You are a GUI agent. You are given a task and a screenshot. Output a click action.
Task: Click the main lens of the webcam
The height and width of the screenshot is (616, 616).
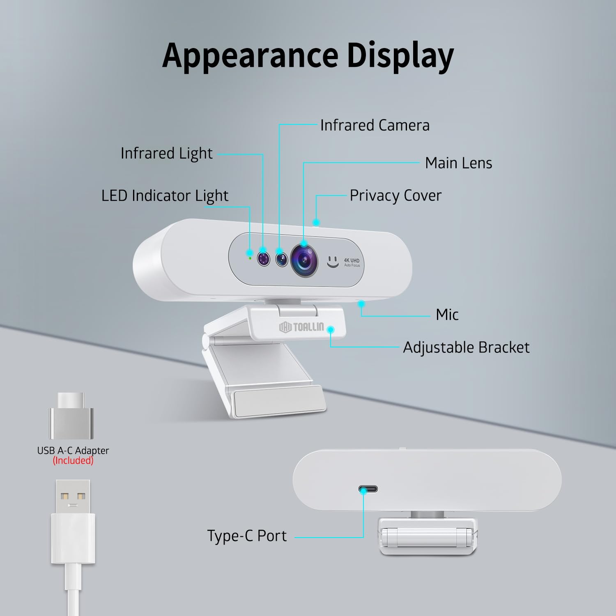304,260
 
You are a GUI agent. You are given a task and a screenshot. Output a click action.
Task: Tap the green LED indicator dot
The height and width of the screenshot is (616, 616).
250,258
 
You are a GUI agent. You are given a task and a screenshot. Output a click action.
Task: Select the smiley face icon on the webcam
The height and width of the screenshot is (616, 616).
333,262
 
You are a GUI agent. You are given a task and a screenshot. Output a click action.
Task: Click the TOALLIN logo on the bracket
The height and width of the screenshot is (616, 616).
301,327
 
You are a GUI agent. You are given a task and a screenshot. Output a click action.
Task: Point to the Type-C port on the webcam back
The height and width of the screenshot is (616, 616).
368,489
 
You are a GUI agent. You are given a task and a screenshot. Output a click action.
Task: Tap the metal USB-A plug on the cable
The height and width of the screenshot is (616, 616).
73,496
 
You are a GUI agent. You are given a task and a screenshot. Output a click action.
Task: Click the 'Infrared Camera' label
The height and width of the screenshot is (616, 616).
375,125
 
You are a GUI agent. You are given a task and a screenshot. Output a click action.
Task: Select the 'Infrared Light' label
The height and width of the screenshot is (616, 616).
167,154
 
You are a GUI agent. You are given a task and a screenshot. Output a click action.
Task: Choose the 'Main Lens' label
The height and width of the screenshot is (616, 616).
459,163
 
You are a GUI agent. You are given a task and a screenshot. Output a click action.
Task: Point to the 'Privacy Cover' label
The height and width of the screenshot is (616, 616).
395,196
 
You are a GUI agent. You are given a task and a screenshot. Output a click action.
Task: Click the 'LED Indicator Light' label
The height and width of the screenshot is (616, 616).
165,196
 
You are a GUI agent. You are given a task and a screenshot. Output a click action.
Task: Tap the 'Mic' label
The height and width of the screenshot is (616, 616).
447,315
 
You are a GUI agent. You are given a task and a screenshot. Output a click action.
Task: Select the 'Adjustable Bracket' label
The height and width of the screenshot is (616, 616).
466,347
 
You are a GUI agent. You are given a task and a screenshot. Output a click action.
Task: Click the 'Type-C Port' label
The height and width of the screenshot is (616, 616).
247,536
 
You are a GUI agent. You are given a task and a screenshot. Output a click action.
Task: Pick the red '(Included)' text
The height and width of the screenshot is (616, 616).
73,461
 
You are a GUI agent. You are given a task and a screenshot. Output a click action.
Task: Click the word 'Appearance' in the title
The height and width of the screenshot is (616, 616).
251,56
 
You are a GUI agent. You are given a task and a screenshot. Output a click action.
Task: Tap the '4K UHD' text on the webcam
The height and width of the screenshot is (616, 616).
352,260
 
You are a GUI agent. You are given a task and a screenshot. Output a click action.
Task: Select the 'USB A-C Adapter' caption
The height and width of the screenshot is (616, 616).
73,451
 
